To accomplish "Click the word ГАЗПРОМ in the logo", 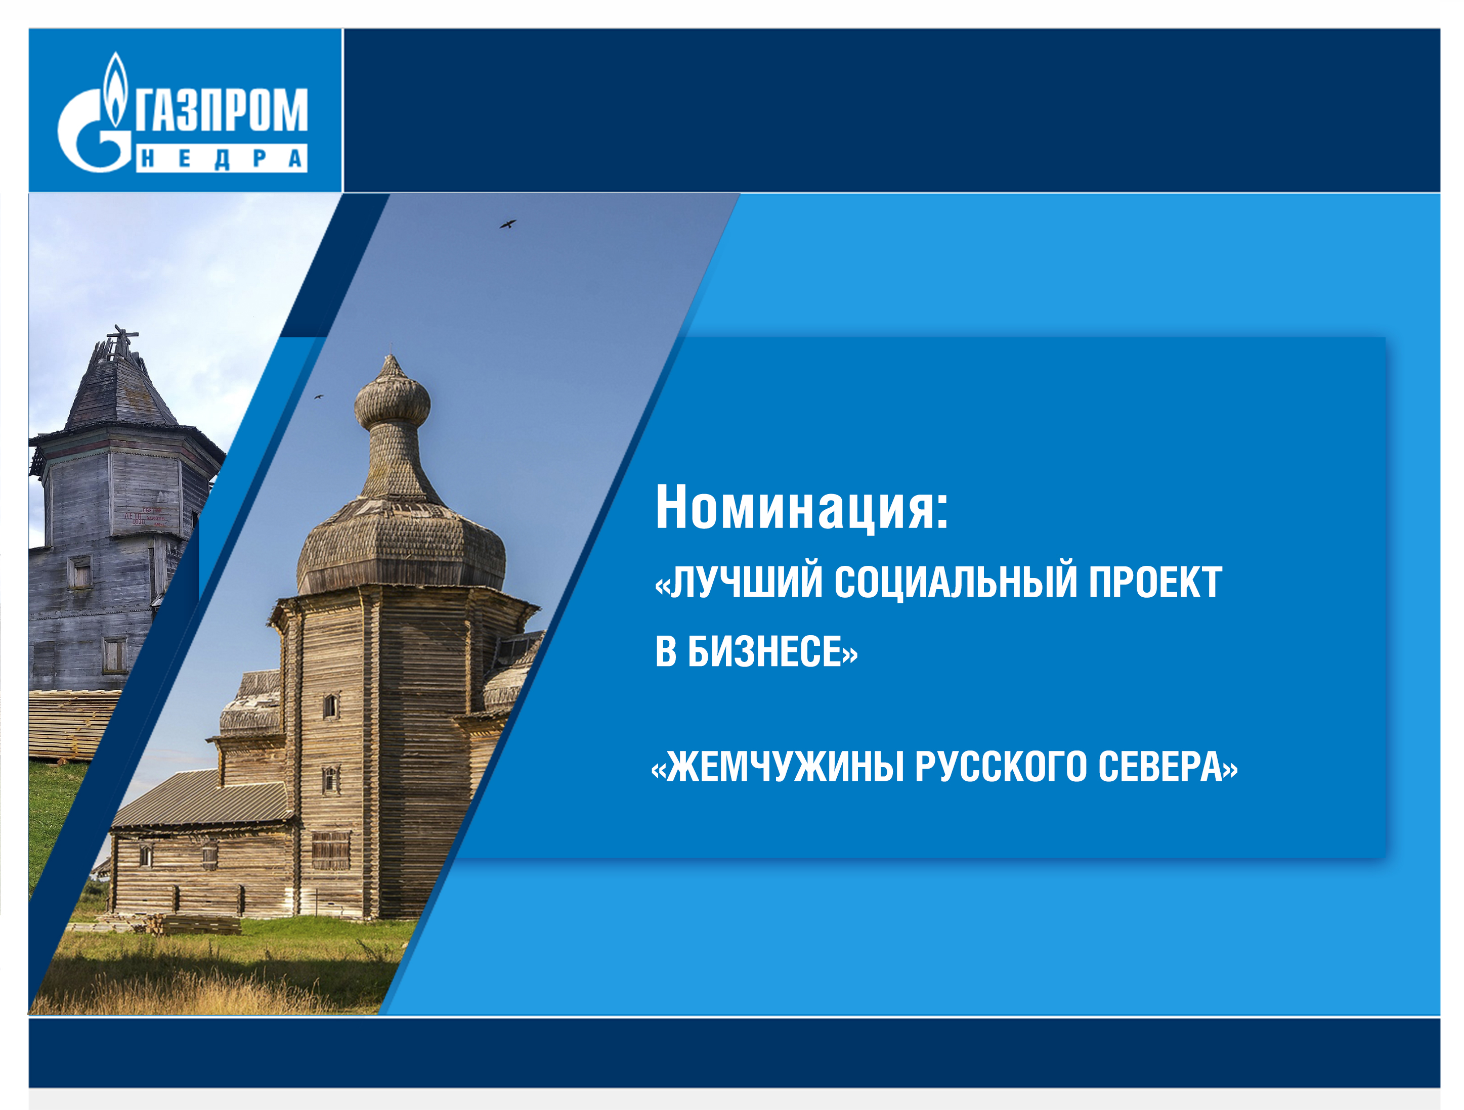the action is tap(222, 110).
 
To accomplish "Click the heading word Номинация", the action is tap(801, 508).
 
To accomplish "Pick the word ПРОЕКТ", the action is tap(1155, 582).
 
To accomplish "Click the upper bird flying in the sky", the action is tap(507, 224).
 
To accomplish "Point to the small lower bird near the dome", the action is tap(318, 397).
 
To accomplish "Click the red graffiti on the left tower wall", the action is tap(143, 516).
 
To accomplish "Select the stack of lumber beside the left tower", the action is tap(73, 724).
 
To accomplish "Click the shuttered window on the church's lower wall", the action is tap(330, 851).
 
